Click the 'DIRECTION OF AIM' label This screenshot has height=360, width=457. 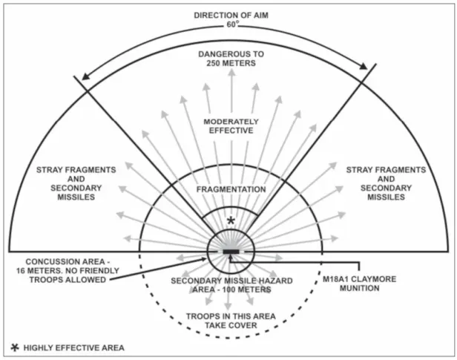pos(231,15)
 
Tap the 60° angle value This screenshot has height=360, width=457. pos(232,24)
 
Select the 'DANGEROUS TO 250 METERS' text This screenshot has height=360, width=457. pos(231,59)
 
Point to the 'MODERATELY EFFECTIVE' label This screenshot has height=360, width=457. pos(231,126)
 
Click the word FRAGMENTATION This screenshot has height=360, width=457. pos(231,189)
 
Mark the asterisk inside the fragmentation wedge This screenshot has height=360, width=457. pos(231,220)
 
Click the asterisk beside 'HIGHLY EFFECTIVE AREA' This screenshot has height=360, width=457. pos(15,347)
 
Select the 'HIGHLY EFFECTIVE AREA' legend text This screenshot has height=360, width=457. pos(74,348)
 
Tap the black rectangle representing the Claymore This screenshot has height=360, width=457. pos(231,252)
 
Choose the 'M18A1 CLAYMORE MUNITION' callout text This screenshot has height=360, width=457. pos(359,284)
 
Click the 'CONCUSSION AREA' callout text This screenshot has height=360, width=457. pos(68,271)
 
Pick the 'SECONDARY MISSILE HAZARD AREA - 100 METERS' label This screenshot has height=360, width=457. pos(231,285)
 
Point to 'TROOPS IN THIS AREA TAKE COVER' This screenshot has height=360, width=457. pos(231,321)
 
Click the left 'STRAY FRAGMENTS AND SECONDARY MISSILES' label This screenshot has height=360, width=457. pos(76,183)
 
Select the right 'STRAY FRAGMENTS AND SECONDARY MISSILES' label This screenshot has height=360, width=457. pos(387,183)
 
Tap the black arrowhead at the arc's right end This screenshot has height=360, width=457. pos(364,67)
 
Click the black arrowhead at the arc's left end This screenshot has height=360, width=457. pos(85,76)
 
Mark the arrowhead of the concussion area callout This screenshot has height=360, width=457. pos(204,259)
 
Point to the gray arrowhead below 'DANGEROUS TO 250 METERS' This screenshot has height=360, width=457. pos(231,73)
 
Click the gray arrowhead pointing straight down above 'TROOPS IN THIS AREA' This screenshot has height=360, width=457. pos(228,307)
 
